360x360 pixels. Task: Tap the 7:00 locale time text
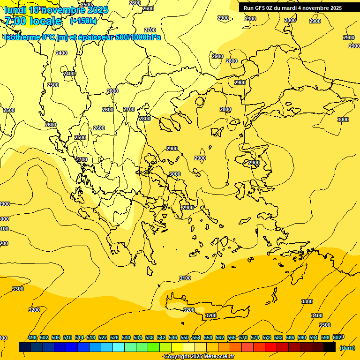[x=33, y=21]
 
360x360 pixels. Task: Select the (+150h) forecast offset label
[x=83, y=21]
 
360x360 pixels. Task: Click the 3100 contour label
[x=185, y=278]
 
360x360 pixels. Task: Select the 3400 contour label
[x=317, y=315]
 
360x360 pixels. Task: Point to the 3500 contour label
[x=325, y=325]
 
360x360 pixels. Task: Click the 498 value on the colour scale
[x=32, y=337]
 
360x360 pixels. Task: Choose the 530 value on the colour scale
[x=126, y=337]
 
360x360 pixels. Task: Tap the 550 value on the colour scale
[x=185, y=337]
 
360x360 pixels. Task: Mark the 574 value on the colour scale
[x=255, y=337]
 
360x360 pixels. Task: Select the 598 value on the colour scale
[x=325, y=337]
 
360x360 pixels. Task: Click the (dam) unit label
[x=347, y=348]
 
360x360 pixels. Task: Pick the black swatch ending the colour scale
[x=330, y=347]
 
